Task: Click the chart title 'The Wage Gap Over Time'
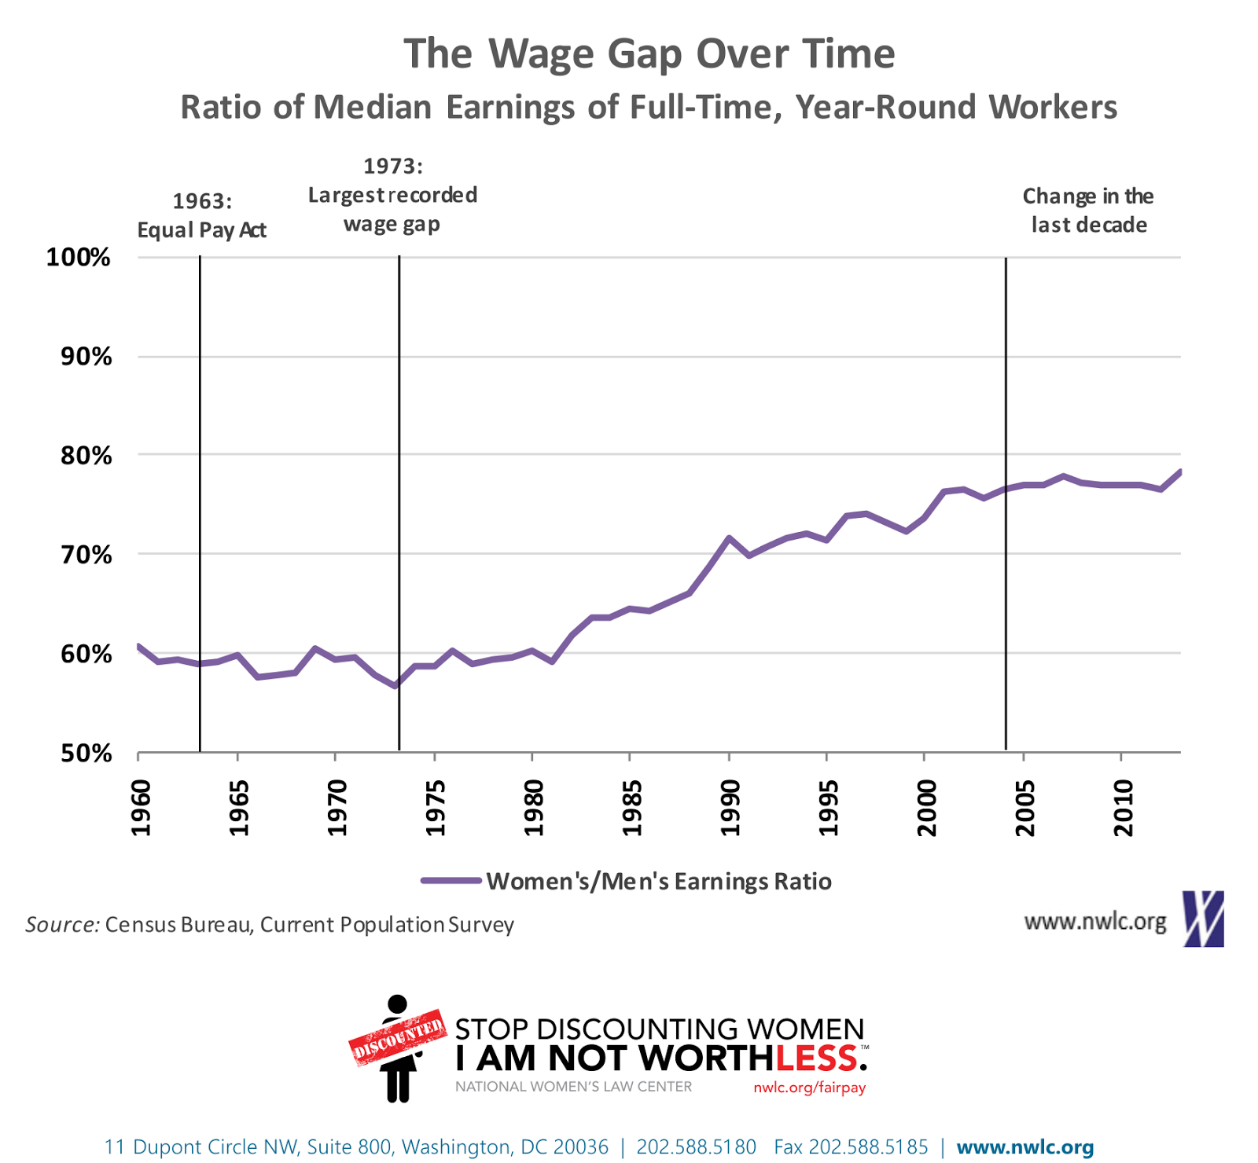649,54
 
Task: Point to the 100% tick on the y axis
79,257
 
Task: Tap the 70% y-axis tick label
86,555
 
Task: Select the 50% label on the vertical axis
86,754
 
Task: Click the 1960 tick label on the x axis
141,808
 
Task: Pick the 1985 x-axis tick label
632,808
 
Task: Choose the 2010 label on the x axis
1124,808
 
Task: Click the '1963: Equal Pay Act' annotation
202,215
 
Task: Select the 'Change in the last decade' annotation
1088,211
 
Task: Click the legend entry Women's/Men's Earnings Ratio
658,881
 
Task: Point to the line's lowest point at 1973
395,686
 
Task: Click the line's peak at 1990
729,537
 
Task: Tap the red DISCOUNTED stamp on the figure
398,1037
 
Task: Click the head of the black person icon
398,1004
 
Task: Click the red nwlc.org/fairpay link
809,1088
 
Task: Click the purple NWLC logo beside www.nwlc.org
1204,919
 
